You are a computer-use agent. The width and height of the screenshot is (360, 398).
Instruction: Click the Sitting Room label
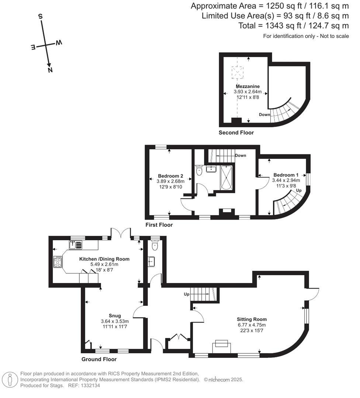coord(252,319)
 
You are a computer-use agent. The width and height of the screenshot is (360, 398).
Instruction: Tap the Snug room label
coord(115,315)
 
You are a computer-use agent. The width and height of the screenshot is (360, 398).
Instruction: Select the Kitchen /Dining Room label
coord(104,259)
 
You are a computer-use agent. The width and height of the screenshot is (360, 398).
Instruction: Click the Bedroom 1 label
coord(286,175)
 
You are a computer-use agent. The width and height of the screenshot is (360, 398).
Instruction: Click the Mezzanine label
coord(248,86)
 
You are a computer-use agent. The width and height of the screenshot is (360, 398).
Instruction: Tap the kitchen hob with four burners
coord(58,262)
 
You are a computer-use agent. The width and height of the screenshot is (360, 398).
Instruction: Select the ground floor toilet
coord(155,245)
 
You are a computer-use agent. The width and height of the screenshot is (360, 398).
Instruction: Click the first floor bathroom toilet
coord(200,170)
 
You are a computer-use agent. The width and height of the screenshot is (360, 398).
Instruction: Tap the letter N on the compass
coord(50,70)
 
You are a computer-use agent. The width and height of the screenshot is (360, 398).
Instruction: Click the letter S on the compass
coord(40,17)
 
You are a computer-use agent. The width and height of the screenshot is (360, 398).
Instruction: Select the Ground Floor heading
coord(99,359)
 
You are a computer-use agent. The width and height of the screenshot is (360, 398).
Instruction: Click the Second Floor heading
coord(236,133)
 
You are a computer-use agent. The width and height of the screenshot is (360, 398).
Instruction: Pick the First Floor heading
coord(159,224)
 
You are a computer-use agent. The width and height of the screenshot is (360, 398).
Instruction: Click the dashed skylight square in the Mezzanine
coord(238,73)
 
